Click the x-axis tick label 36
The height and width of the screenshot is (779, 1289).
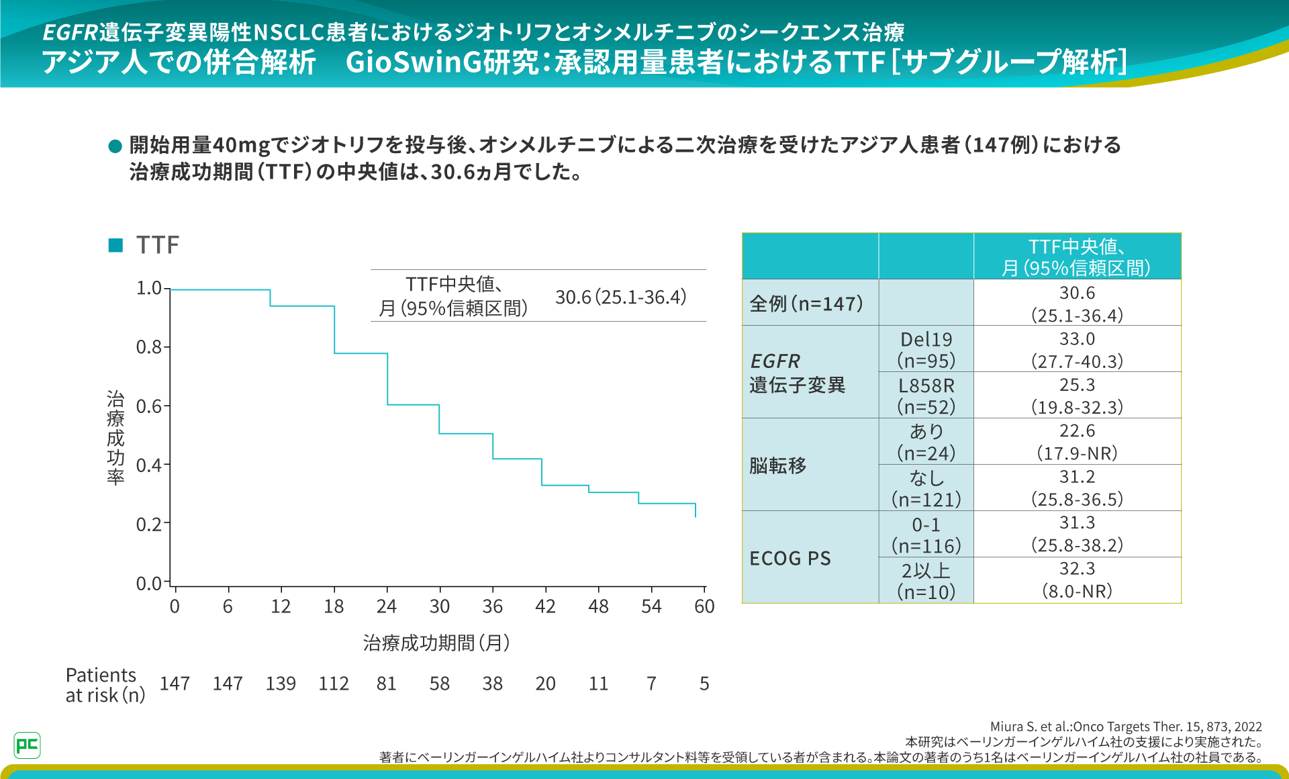[x=492, y=606]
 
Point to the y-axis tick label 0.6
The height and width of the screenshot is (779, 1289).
[x=149, y=406]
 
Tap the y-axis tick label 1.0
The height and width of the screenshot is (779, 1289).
[x=149, y=288]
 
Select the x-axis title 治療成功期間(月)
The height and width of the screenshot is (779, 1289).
[x=436, y=643]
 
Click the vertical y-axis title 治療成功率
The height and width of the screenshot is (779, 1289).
[x=115, y=438]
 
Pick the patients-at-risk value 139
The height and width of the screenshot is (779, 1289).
[x=281, y=684]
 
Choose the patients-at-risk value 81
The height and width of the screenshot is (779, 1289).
[x=386, y=684]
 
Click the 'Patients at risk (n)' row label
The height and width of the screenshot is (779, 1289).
[x=105, y=685]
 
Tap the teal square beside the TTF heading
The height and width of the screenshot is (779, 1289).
[x=115, y=245]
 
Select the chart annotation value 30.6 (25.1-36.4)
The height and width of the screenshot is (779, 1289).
[x=620, y=297]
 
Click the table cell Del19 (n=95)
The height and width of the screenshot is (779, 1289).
[x=926, y=350]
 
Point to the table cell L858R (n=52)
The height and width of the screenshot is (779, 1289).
[x=926, y=396]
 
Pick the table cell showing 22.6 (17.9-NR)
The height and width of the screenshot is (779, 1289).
[x=1077, y=442]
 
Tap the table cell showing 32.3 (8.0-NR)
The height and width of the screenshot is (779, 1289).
[x=1077, y=580]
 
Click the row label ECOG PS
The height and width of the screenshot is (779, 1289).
[x=790, y=558]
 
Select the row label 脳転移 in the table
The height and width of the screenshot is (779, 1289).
[x=778, y=465]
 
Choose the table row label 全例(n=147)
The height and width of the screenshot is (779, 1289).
[x=806, y=304]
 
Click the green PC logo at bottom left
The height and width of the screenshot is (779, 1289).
[x=27, y=745]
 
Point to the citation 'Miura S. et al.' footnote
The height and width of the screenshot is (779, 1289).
[x=1126, y=727]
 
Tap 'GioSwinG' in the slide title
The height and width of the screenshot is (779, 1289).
[x=414, y=62]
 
